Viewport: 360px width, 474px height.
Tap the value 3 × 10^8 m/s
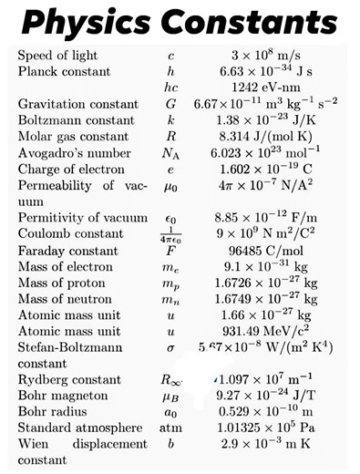(x=271, y=56)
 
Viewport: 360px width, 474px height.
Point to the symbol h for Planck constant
(x=170, y=71)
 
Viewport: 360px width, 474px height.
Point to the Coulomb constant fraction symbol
(x=170, y=234)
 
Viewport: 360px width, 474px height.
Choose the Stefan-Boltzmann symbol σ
(x=170, y=349)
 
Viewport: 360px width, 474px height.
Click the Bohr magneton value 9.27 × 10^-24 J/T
(x=271, y=395)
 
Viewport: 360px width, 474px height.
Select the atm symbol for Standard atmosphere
(x=170, y=428)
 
